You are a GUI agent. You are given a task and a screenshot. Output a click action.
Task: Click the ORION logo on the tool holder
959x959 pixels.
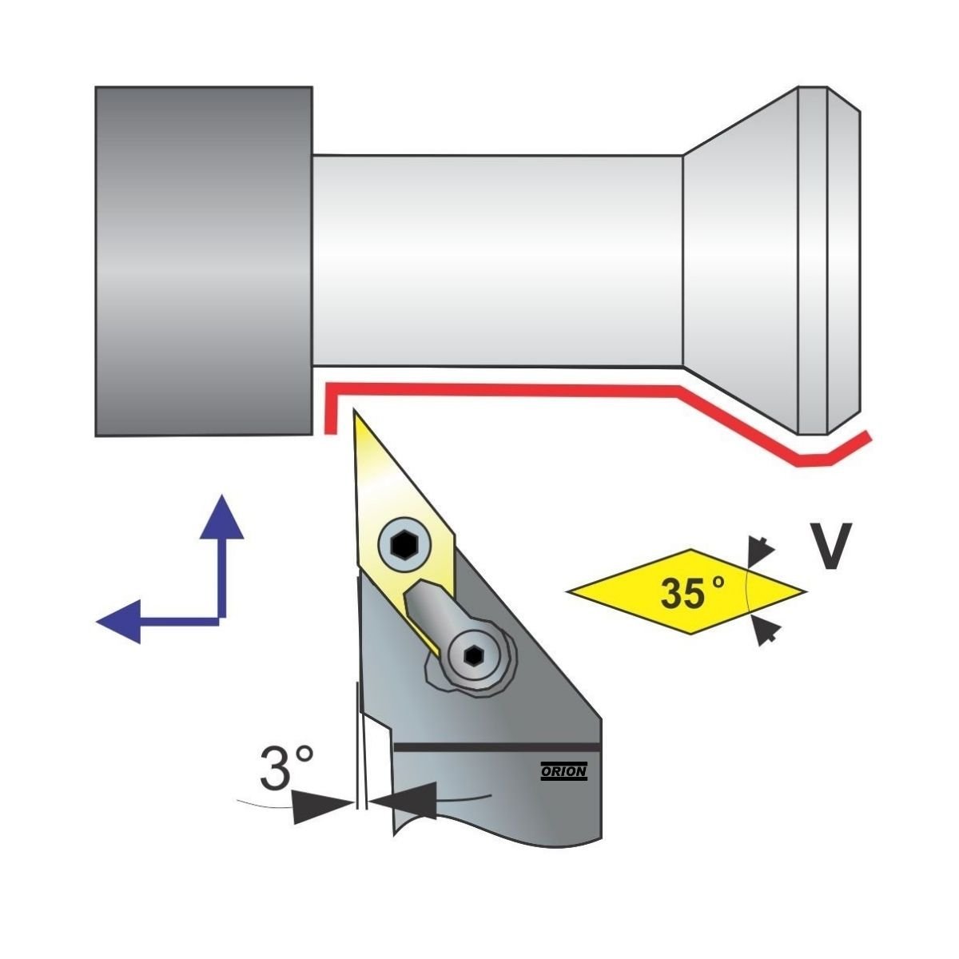(x=564, y=771)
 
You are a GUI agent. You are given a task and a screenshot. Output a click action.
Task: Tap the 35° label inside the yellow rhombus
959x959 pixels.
(x=691, y=592)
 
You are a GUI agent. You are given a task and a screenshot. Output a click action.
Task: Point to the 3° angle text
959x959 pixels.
(x=286, y=769)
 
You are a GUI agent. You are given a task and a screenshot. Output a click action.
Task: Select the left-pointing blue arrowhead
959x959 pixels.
(x=117, y=621)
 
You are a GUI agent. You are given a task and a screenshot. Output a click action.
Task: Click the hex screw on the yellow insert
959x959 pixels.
(x=402, y=546)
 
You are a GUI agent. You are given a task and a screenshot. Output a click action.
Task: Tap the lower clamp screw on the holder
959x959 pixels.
(x=472, y=655)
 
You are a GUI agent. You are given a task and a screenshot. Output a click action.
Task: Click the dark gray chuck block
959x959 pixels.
(x=203, y=261)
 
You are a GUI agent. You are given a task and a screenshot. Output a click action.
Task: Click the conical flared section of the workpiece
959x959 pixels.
(x=739, y=261)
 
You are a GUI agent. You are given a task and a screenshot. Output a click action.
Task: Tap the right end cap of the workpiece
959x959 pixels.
(x=830, y=261)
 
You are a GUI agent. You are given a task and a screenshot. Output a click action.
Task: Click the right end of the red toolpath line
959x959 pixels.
(x=866, y=436)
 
